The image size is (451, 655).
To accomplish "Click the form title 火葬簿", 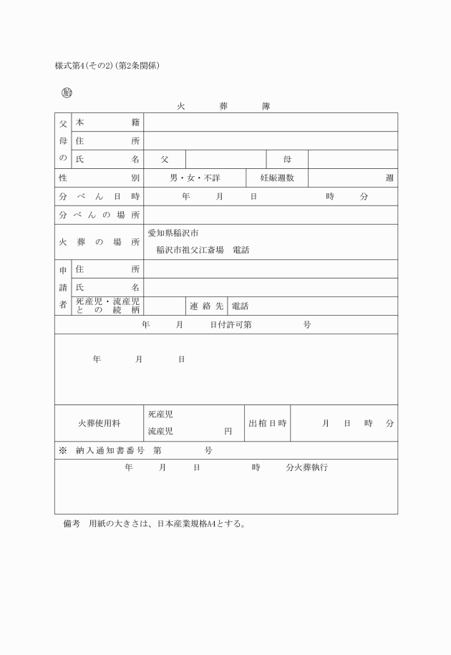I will tap(223, 106).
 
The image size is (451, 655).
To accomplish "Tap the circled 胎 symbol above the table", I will tap(67, 92).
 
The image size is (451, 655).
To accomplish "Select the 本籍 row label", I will tap(107, 122).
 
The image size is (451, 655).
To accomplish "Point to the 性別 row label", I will tap(99, 178).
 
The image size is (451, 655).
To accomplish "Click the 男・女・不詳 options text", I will tap(194, 178).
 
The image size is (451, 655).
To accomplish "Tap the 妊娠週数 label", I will tap(276, 178).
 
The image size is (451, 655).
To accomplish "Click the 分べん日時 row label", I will tap(99, 197).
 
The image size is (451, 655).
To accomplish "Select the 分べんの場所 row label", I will tap(99, 215).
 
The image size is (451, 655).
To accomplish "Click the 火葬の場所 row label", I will tap(99, 242).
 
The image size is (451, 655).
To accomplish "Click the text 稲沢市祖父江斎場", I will tap(190, 251).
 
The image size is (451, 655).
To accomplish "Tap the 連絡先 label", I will tap(206, 306).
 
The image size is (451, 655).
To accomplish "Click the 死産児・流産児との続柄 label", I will tap(107, 306).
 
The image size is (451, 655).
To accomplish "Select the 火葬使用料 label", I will tap(99, 423).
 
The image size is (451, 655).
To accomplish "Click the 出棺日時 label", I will tap(267, 423).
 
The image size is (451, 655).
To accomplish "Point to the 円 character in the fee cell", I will tap(228, 432).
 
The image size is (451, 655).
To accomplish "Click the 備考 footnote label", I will tap(71, 523).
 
